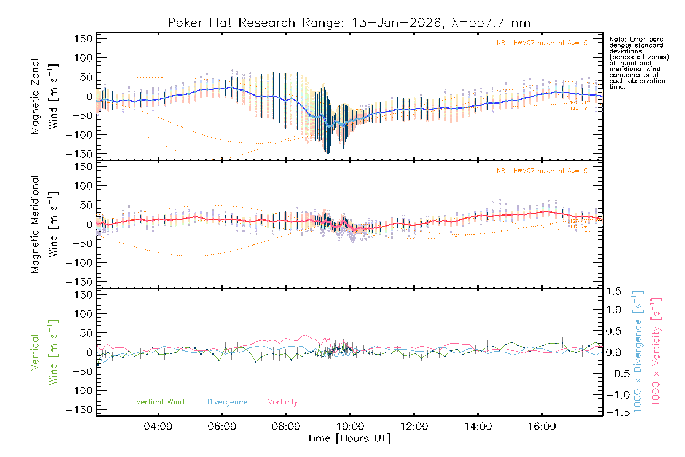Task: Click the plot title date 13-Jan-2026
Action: coord(396,23)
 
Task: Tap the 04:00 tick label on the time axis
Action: coord(158,426)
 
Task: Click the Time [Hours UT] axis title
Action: coord(349,438)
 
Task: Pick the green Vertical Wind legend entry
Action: coord(160,402)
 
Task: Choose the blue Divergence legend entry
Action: coord(227,402)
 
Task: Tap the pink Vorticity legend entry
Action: coord(282,402)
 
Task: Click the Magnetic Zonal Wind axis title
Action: coord(45,96)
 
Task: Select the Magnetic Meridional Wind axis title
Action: coord(45,224)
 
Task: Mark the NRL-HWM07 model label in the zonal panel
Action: coord(542,43)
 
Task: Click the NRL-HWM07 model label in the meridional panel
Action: coord(542,171)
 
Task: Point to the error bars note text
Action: coord(639,63)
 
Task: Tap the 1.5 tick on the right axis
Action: coord(613,291)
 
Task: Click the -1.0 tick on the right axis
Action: coord(613,395)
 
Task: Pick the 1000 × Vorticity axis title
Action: coord(656,352)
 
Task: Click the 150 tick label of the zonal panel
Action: coord(84,38)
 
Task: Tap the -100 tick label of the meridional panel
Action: coord(79,263)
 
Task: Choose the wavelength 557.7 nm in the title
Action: coord(491,23)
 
